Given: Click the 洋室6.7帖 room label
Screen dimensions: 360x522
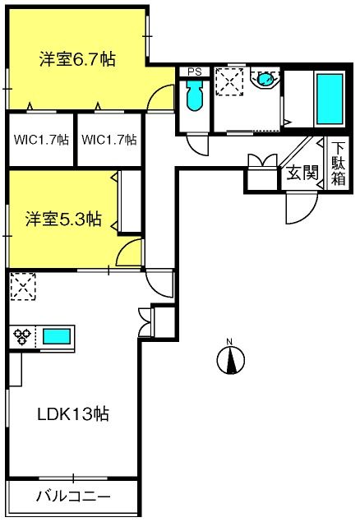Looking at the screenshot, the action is click(x=77, y=59).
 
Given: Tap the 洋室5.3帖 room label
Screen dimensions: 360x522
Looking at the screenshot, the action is click(x=63, y=219).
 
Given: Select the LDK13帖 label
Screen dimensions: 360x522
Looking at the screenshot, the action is click(x=73, y=414).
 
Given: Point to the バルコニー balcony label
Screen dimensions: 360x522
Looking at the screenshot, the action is click(x=73, y=497).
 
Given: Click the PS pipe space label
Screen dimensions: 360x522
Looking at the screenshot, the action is click(x=195, y=72).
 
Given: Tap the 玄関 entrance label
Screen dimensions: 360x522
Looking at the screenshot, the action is click(x=302, y=173).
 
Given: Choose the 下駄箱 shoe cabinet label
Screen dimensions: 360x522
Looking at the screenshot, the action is click(x=338, y=164).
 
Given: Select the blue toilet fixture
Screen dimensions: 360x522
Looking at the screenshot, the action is click(x=195, y=95).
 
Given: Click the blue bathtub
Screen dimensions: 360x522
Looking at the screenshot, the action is click(x=330, y=99).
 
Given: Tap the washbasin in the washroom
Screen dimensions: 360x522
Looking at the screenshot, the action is click(x=265, y=79).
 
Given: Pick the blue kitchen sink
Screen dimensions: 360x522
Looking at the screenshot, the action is click(x=57, y=336).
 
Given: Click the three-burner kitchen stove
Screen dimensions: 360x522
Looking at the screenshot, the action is click(x=21, y=336).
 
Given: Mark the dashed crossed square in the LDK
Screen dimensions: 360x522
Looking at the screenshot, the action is click(x=23, y=286).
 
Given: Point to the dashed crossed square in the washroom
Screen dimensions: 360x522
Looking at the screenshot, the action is click(x=229, y=82).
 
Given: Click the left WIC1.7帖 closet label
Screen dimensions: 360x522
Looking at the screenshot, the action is click(x=41, y=140).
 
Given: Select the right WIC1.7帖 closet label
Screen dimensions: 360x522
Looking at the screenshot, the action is click(x=109, y=140).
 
